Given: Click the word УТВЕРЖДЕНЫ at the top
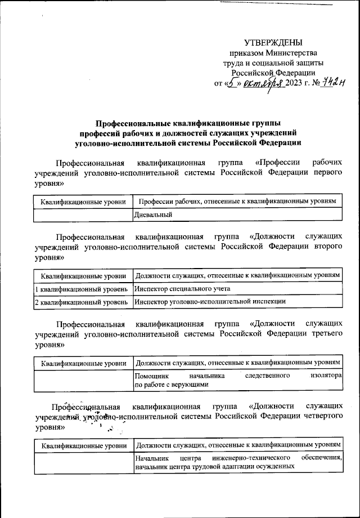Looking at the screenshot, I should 273,43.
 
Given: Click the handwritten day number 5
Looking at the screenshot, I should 232,83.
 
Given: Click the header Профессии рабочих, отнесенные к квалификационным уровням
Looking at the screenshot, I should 237,201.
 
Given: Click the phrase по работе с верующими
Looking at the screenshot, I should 172,385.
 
